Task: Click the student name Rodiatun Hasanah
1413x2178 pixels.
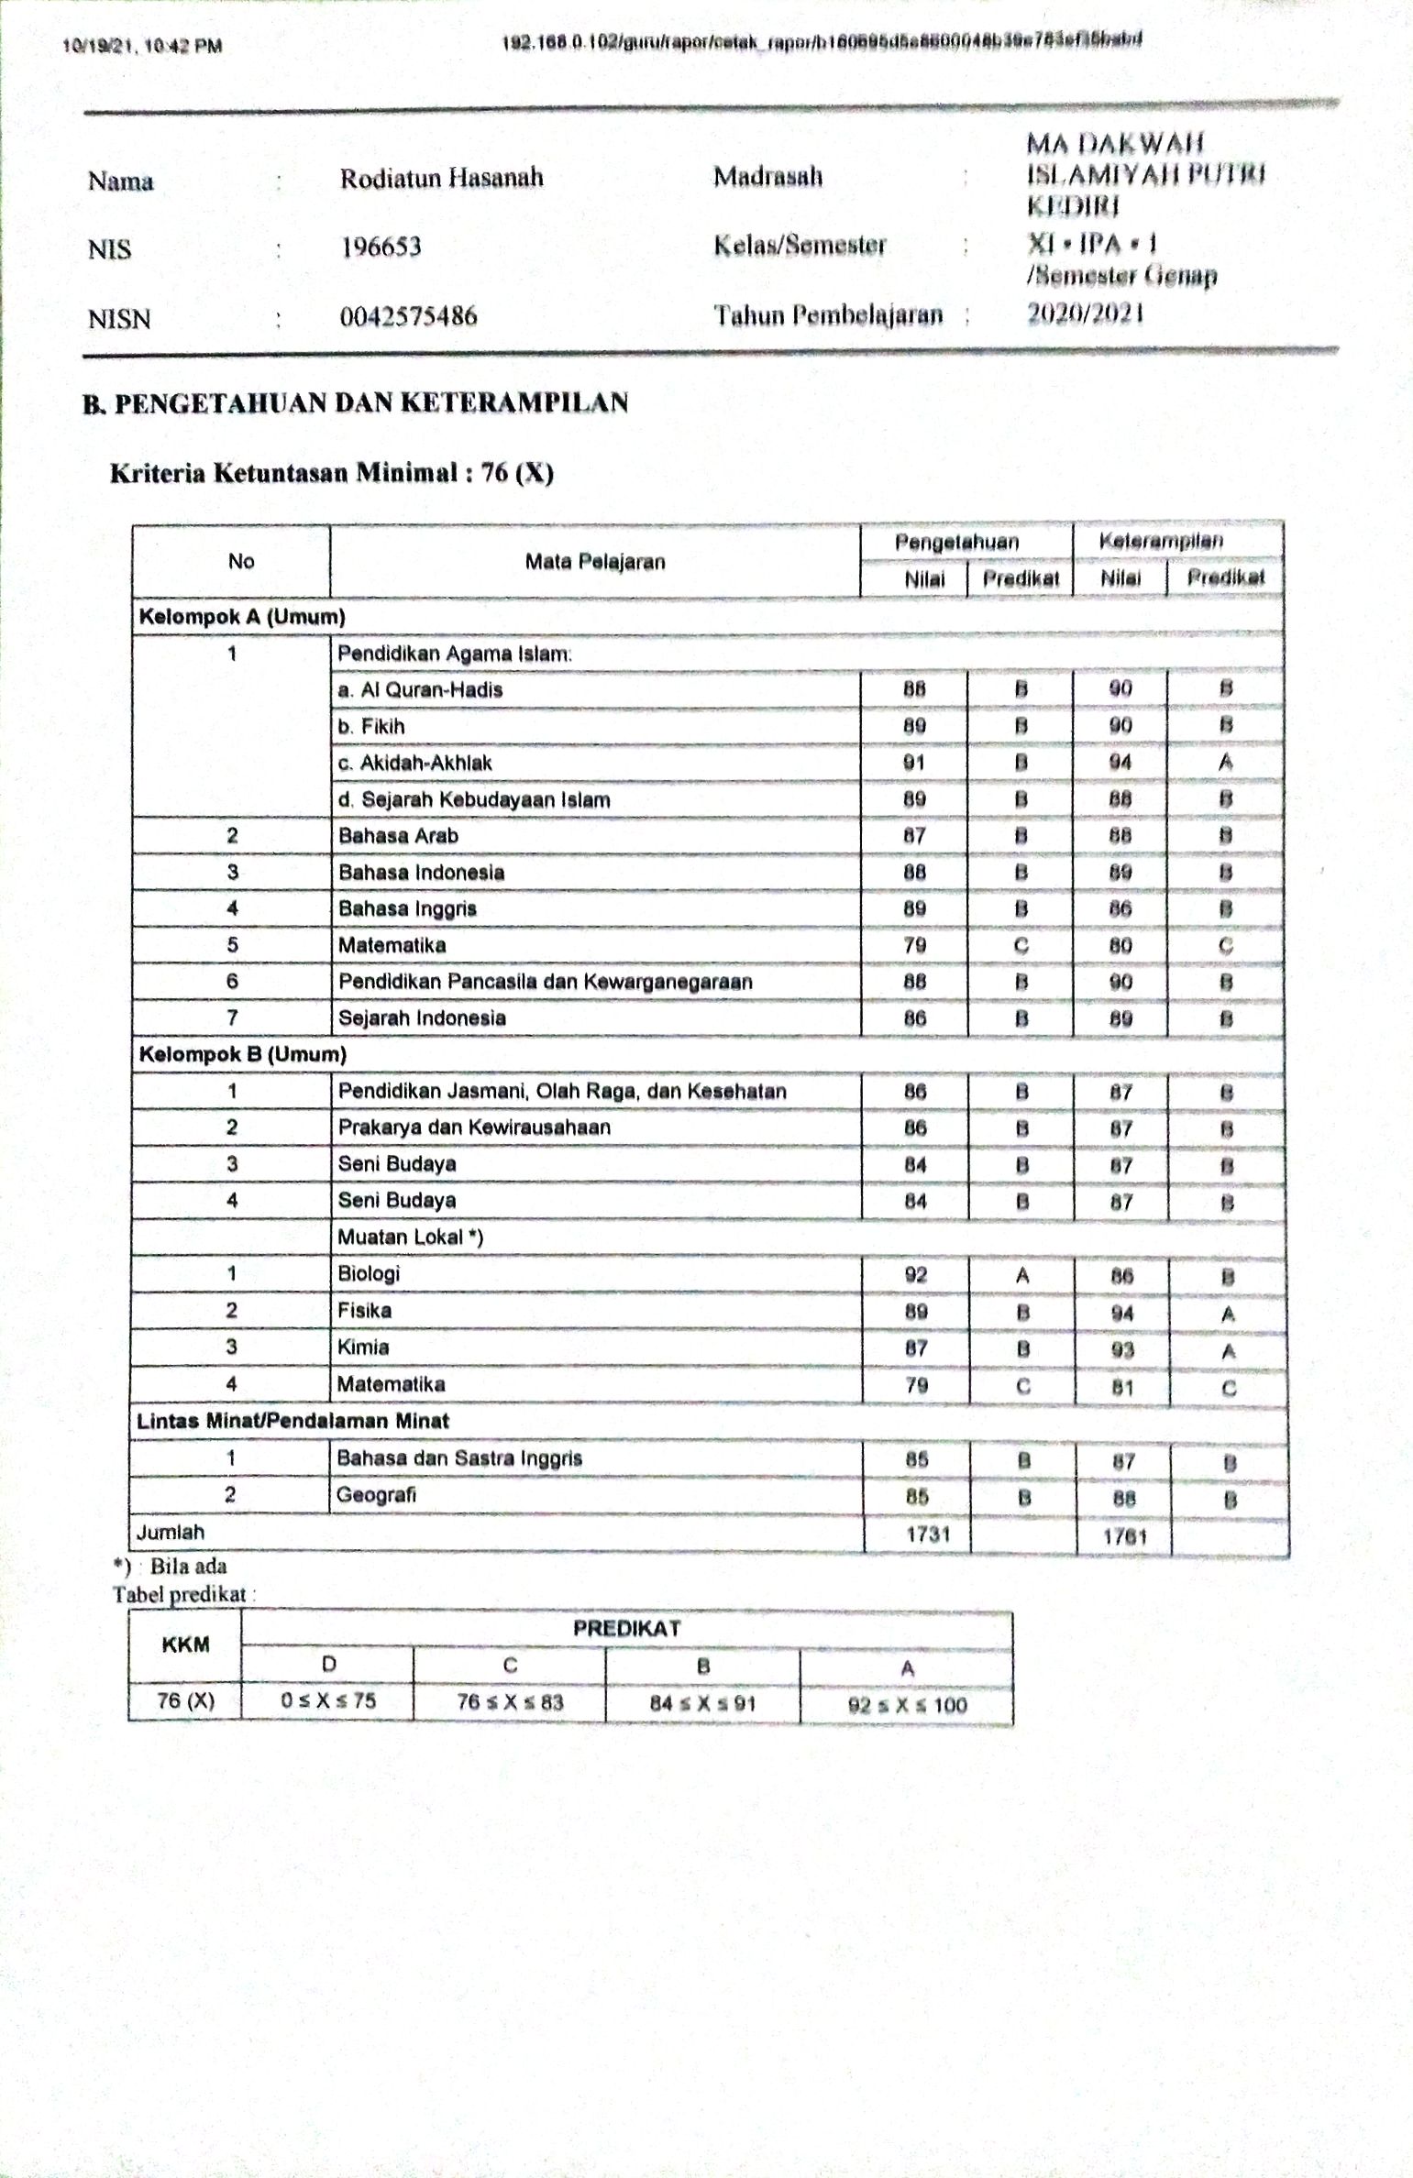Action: pos(441,177)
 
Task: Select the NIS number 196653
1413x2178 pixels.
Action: pos(381,247)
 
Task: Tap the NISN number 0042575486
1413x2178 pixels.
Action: pos(408,316)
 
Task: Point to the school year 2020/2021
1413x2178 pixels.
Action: pos(1085,314)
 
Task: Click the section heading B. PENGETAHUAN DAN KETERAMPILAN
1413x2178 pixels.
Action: pos(356,402)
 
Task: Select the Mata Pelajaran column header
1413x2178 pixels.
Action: pos(594,561)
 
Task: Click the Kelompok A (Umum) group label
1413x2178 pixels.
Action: pos(242,617)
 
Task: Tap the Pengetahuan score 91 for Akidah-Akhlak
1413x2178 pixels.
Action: pos(913,763)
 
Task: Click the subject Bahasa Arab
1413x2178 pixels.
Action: pos(398,836)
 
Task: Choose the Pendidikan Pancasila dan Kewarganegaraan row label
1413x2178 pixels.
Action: pos(545,982)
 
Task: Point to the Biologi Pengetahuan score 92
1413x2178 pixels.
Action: pos(915,1274)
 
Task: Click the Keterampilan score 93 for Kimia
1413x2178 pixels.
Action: pos(1121,1349)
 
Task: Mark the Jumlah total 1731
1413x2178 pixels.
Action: pos(927,1533)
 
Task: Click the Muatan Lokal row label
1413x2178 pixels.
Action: pos(410,1237)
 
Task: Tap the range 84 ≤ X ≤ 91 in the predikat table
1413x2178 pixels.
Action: pos(701,1703)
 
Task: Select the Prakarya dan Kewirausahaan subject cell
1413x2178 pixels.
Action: pos(474,1127)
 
